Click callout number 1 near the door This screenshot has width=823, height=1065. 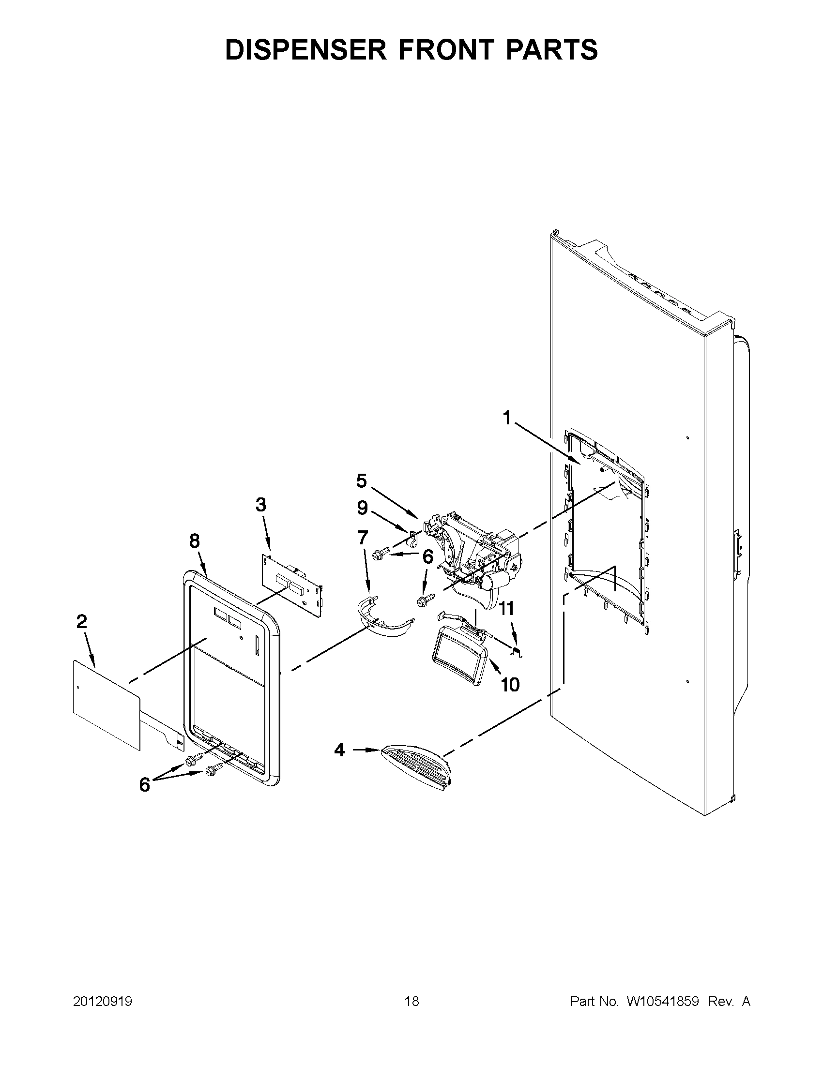pyautogui.click(x=507, y=418)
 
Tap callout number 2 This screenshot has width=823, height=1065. pyautogui.click(x=81, y=621)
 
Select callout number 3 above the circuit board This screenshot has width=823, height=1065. pyautogui.click(x=261, y=505)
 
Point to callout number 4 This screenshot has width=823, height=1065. pyautogui.click(x=339, y=750)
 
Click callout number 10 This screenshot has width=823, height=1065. pyautogui.click(x=510, y=685)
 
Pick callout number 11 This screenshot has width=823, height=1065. pyautogui.click(x=506, y=609)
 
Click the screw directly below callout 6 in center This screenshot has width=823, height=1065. pyautogui.click(x=423, y=601)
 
